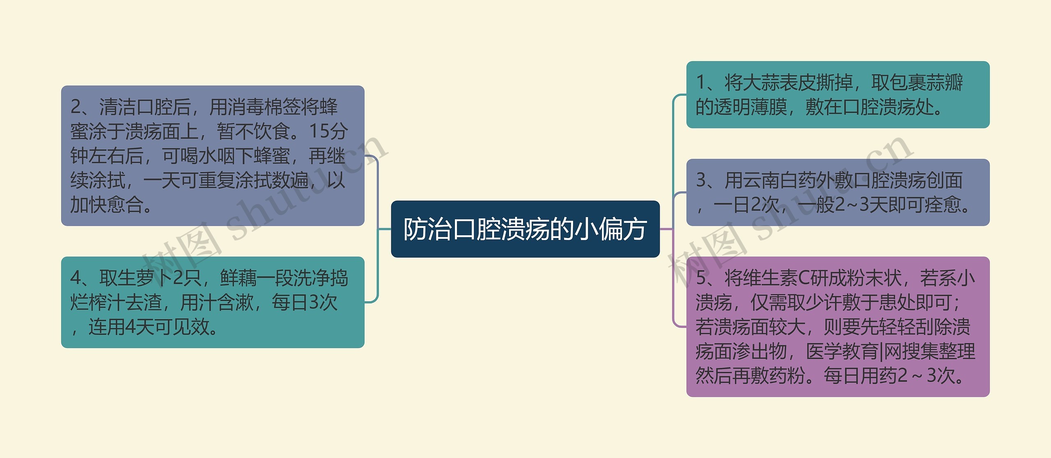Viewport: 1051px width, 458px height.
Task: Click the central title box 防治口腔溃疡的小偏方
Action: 525,229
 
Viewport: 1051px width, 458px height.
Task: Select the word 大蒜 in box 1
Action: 761,82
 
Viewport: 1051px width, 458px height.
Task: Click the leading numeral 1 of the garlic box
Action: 700,82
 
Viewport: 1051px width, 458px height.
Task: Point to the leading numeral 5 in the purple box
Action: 701,278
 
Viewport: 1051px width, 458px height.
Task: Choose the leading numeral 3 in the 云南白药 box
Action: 701,180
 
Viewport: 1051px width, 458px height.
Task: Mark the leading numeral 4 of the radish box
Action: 76,278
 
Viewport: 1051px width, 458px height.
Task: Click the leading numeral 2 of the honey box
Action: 76,107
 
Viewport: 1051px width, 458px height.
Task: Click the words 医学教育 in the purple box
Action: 842,351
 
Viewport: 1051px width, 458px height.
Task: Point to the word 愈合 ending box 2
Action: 125,205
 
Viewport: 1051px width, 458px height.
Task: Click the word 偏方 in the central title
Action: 622,229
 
